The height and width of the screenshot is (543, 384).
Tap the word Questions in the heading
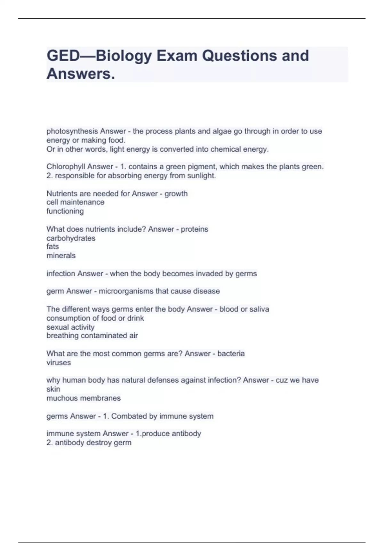click(x=239, y=56)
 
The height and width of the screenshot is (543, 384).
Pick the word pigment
click(x=204, y=167)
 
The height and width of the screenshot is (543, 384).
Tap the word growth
click(x=176, y=194)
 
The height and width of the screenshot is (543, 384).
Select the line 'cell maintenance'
click(x=76, y=202)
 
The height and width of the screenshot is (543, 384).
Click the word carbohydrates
click(x=71, y=238)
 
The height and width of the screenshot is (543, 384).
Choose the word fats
click(x=52, y=247)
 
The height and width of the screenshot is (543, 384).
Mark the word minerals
click(x=61, y=256)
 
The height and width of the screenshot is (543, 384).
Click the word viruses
click(x=59, y=363)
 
